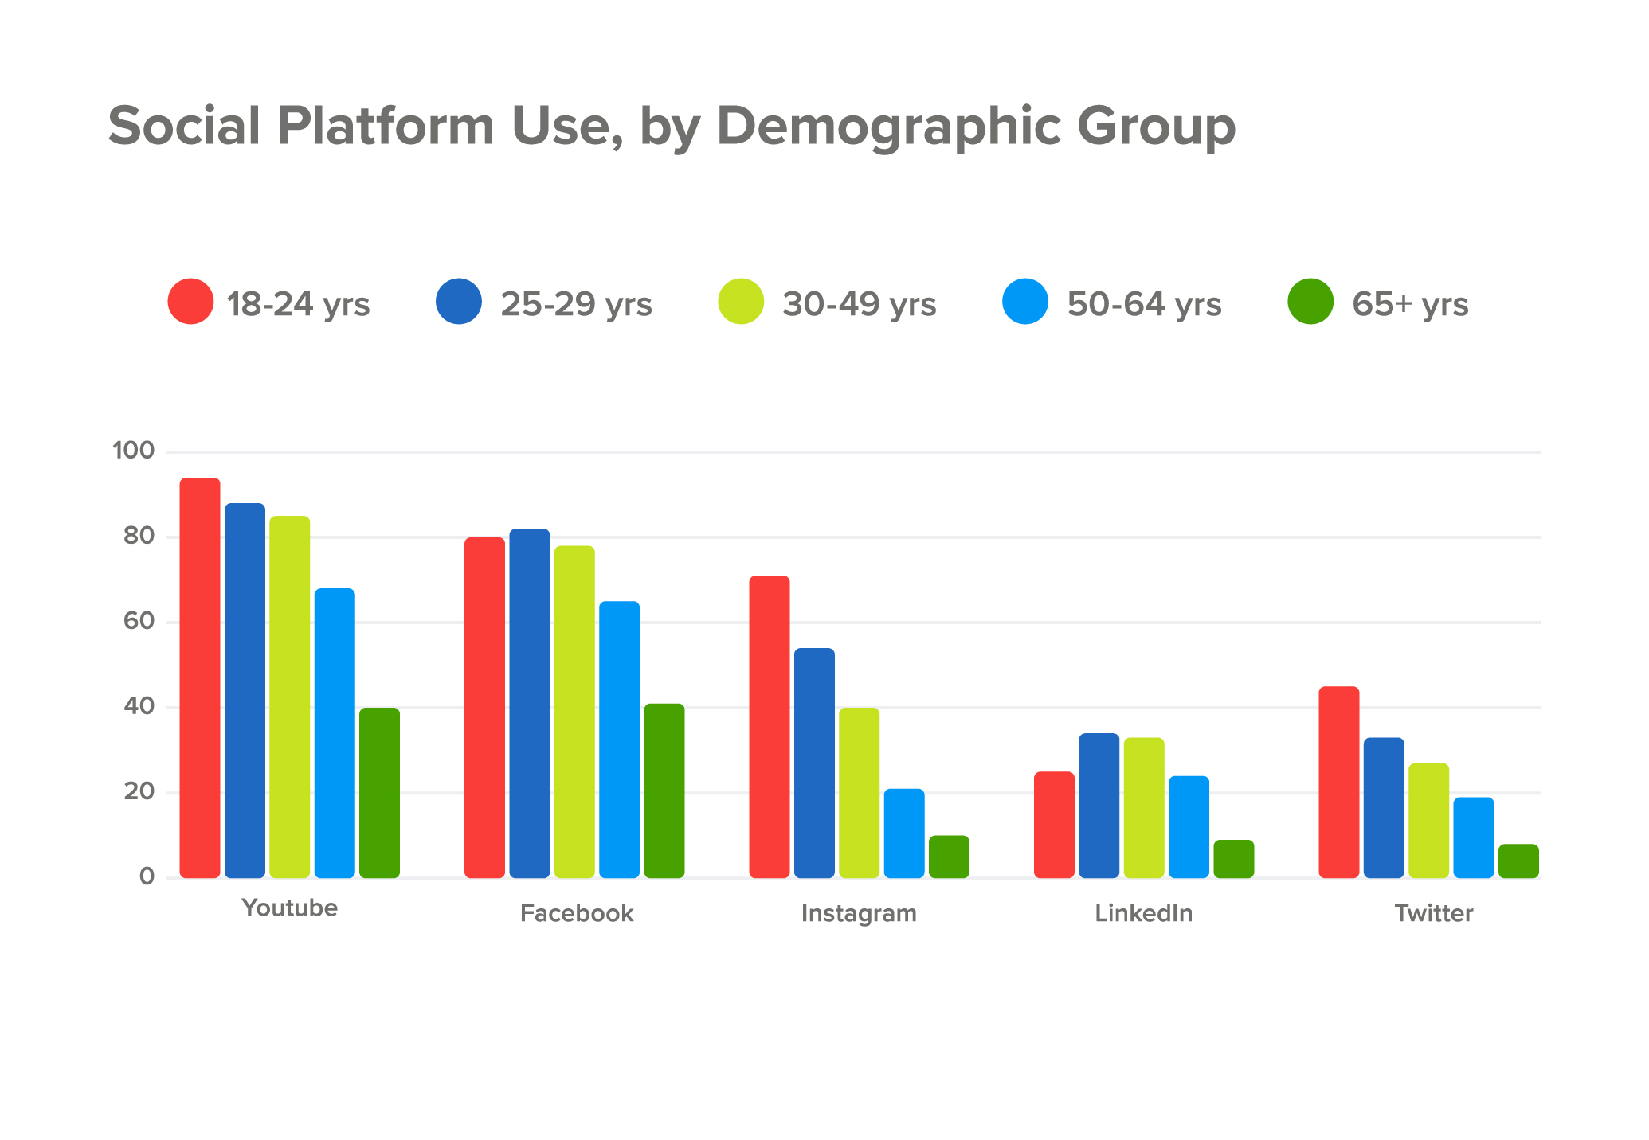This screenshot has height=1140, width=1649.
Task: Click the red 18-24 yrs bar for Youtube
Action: pyautogui.click(x=199, y=677)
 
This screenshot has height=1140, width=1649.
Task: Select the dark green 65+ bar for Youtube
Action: pyautogui.click(x=379, y=793)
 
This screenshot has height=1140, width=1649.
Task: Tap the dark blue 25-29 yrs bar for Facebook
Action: pyautogui.click(x=529, y=703)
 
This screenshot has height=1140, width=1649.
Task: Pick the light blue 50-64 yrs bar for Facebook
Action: pyautogui.click(x=619, y=740)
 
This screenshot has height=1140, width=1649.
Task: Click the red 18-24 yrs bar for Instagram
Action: pyautogui.click(x=770, y=727)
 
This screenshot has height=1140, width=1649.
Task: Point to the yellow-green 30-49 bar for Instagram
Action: pyautogui.click(x=859, y=793)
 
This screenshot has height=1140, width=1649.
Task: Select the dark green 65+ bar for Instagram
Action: pyautogui.click(x=949, y=857)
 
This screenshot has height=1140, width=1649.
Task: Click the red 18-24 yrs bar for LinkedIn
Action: pyautogui.click(x=1054, y=825)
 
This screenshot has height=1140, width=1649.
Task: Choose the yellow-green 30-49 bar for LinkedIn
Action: pyautogui.click(x=1144, y=807)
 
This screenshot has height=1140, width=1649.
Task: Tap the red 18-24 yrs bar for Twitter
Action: pyautogui.click(x=1338, y=782)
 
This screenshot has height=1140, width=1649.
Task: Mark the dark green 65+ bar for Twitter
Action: pyautogui.click(x=1518, y=861)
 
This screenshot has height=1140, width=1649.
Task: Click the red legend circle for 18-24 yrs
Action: pyautogui.click(x=190, y=302)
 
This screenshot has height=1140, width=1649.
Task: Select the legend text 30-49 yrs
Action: pyautogui.click(x=859, y=304)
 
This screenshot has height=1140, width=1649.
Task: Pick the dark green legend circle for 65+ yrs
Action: pyautogui.click(x=1310, y=302)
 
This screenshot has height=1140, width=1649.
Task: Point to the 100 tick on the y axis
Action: pyautogui.click(x=133, y=451)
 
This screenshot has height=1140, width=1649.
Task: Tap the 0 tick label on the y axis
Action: pyautogui.click(x=147, y=876)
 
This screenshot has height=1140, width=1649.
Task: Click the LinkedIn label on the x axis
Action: pyautogui.click(x=1143, y=913)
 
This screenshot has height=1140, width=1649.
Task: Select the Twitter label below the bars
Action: pyautogui.click(x=1433, y=913)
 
